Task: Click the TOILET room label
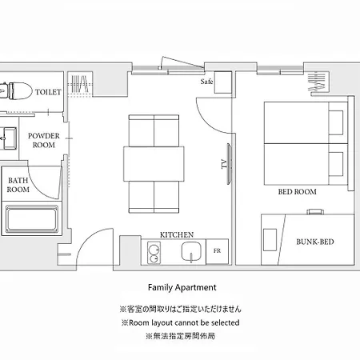pos(48,92)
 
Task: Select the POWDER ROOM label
pos(44,140)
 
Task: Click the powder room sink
pos(9,138)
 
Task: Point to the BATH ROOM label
pos(18,185)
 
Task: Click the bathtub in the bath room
pos(32,219)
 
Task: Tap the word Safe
pos(206,82)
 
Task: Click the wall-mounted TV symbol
pos(229,164)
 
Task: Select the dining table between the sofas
pos(154,164)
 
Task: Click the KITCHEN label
pos(177,235)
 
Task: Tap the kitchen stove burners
pos(154,253)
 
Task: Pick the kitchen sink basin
pos(191,251)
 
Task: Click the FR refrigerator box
pos(217,251)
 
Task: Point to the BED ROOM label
pos(298,192)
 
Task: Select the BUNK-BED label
pos(315,242)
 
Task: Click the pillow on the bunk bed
pos(270,239)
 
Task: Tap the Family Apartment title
pos(182,287)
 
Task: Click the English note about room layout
pos(180,322)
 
